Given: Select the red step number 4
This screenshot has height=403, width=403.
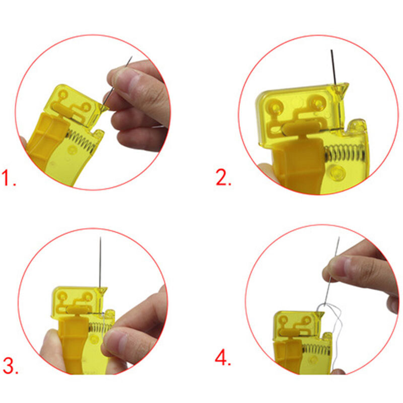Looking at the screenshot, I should [222, 358].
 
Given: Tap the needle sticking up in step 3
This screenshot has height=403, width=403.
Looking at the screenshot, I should [101, 262].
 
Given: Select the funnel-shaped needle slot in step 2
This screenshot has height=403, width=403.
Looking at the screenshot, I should [342, 90].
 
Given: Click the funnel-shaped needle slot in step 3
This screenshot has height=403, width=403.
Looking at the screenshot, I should [102, 291].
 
